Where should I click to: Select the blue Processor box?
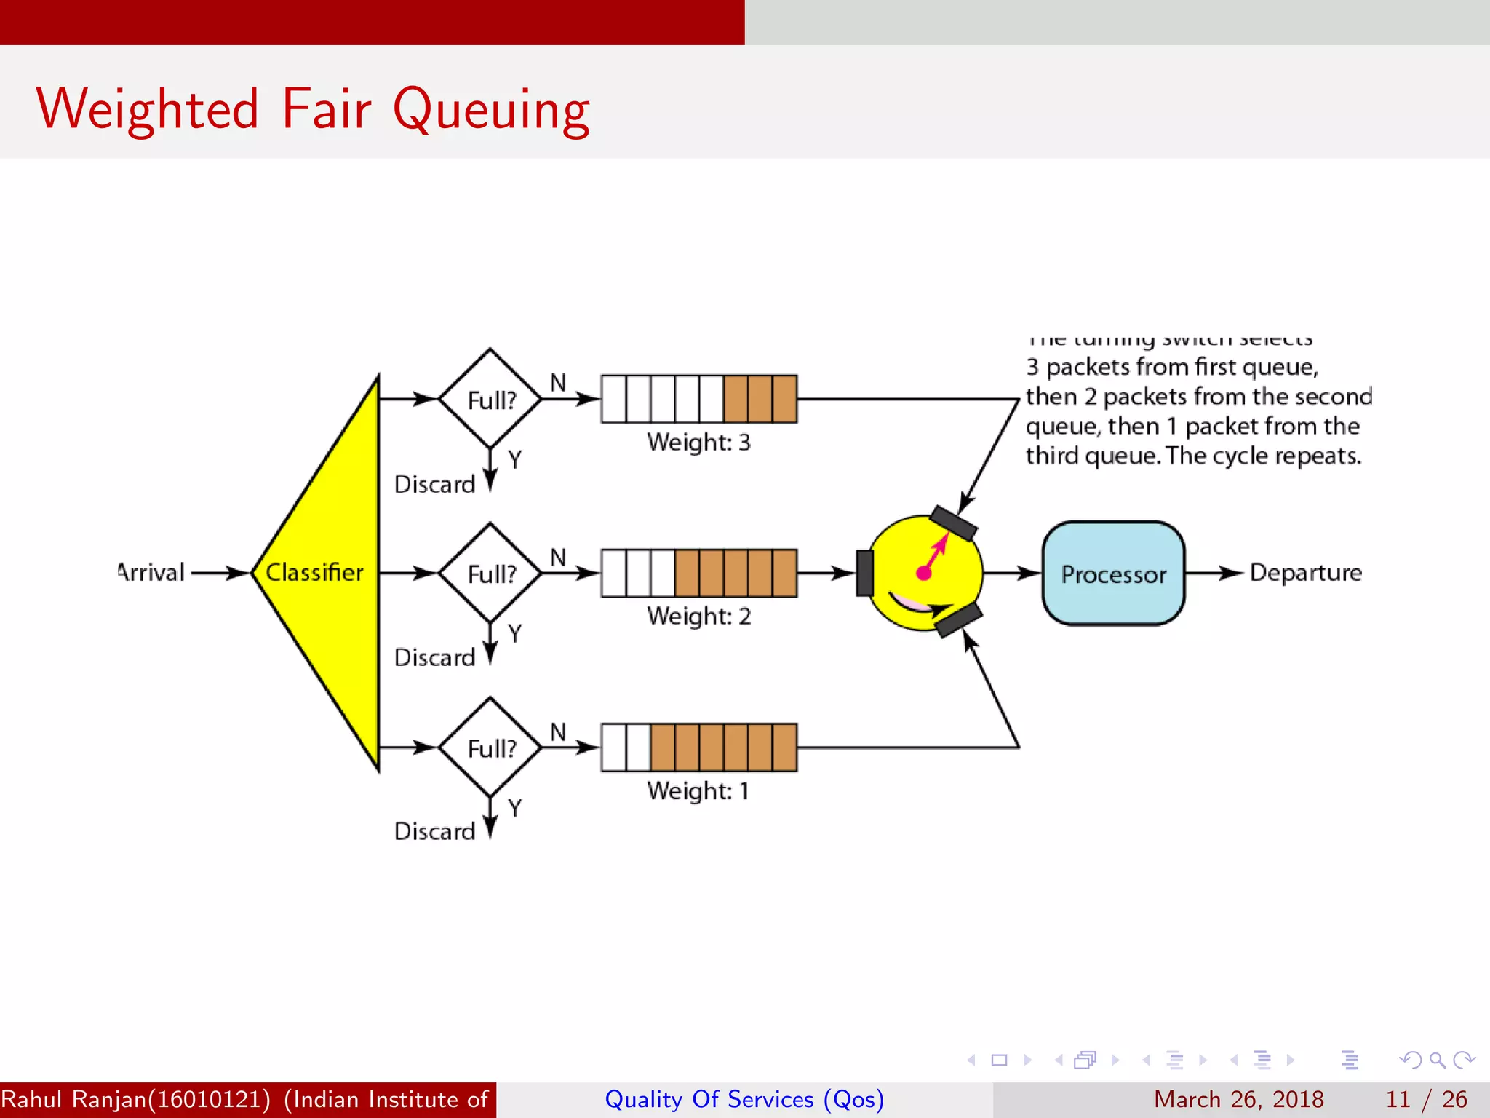[x=1113, y=574]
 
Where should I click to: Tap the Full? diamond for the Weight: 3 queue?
[x=490, y=399]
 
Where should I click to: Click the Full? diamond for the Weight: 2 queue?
[x=490, y=574]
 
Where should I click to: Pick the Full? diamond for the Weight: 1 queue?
[x=490, y=748]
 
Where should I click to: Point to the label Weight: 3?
[x=698, y=443]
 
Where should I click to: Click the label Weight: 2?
[x=698, y=617]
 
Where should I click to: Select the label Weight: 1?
[x=698, y=791]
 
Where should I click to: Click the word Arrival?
[x=151, y=573]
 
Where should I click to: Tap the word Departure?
[x=1305, y=573]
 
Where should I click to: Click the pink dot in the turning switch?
[x=924, y=573]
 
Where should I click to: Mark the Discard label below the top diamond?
[x=434, y=485]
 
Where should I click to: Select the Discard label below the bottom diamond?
[x=434, y=832]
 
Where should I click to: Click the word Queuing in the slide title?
[x=491, y=109]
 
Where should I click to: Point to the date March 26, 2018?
[x=1238, y=1099]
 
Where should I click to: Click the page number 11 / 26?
[x=1426, y=1099]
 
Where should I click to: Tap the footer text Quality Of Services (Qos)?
[x=744, y=1099]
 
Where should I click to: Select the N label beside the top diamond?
[x=558, y=383]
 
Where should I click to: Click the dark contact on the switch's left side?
[x=864, y=574]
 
